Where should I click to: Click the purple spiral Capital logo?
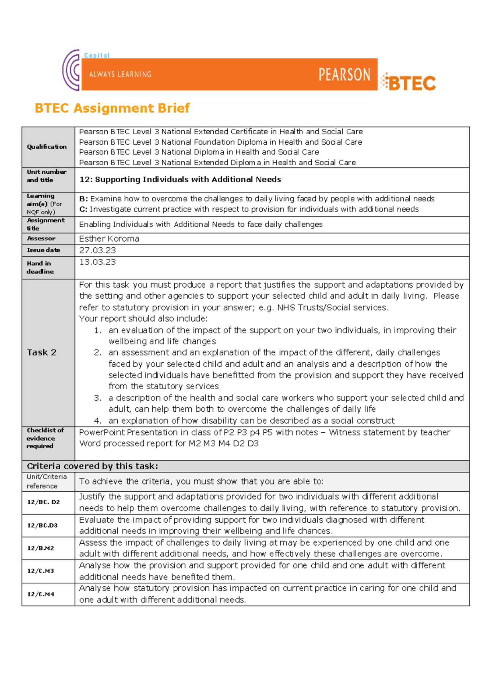click(x=71, y=71)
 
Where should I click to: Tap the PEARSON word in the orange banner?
click(x=344, y=75)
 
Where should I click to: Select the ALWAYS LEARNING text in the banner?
click(x=120, y=74)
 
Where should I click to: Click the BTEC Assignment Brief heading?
click(x=112, y=108)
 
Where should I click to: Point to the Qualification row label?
click(x=47, y=147)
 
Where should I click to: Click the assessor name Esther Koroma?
click(x=109, y=239)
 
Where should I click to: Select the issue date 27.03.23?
click(x=97, y=250)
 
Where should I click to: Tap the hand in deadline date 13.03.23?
click(x=97, y=262)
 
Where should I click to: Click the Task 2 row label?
click(x=42, y=353)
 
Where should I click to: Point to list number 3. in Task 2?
click(x=98, y=398)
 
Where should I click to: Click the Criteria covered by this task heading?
click(x=92, y=466)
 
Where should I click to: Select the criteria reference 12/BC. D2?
click(x=43, y=502)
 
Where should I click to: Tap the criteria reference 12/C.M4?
click(x=41, y=594)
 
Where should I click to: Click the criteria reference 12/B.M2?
click(x=41, y=548)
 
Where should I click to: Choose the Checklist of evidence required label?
click(x=45, y=438)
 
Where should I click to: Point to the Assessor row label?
click(x=41, y=239)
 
